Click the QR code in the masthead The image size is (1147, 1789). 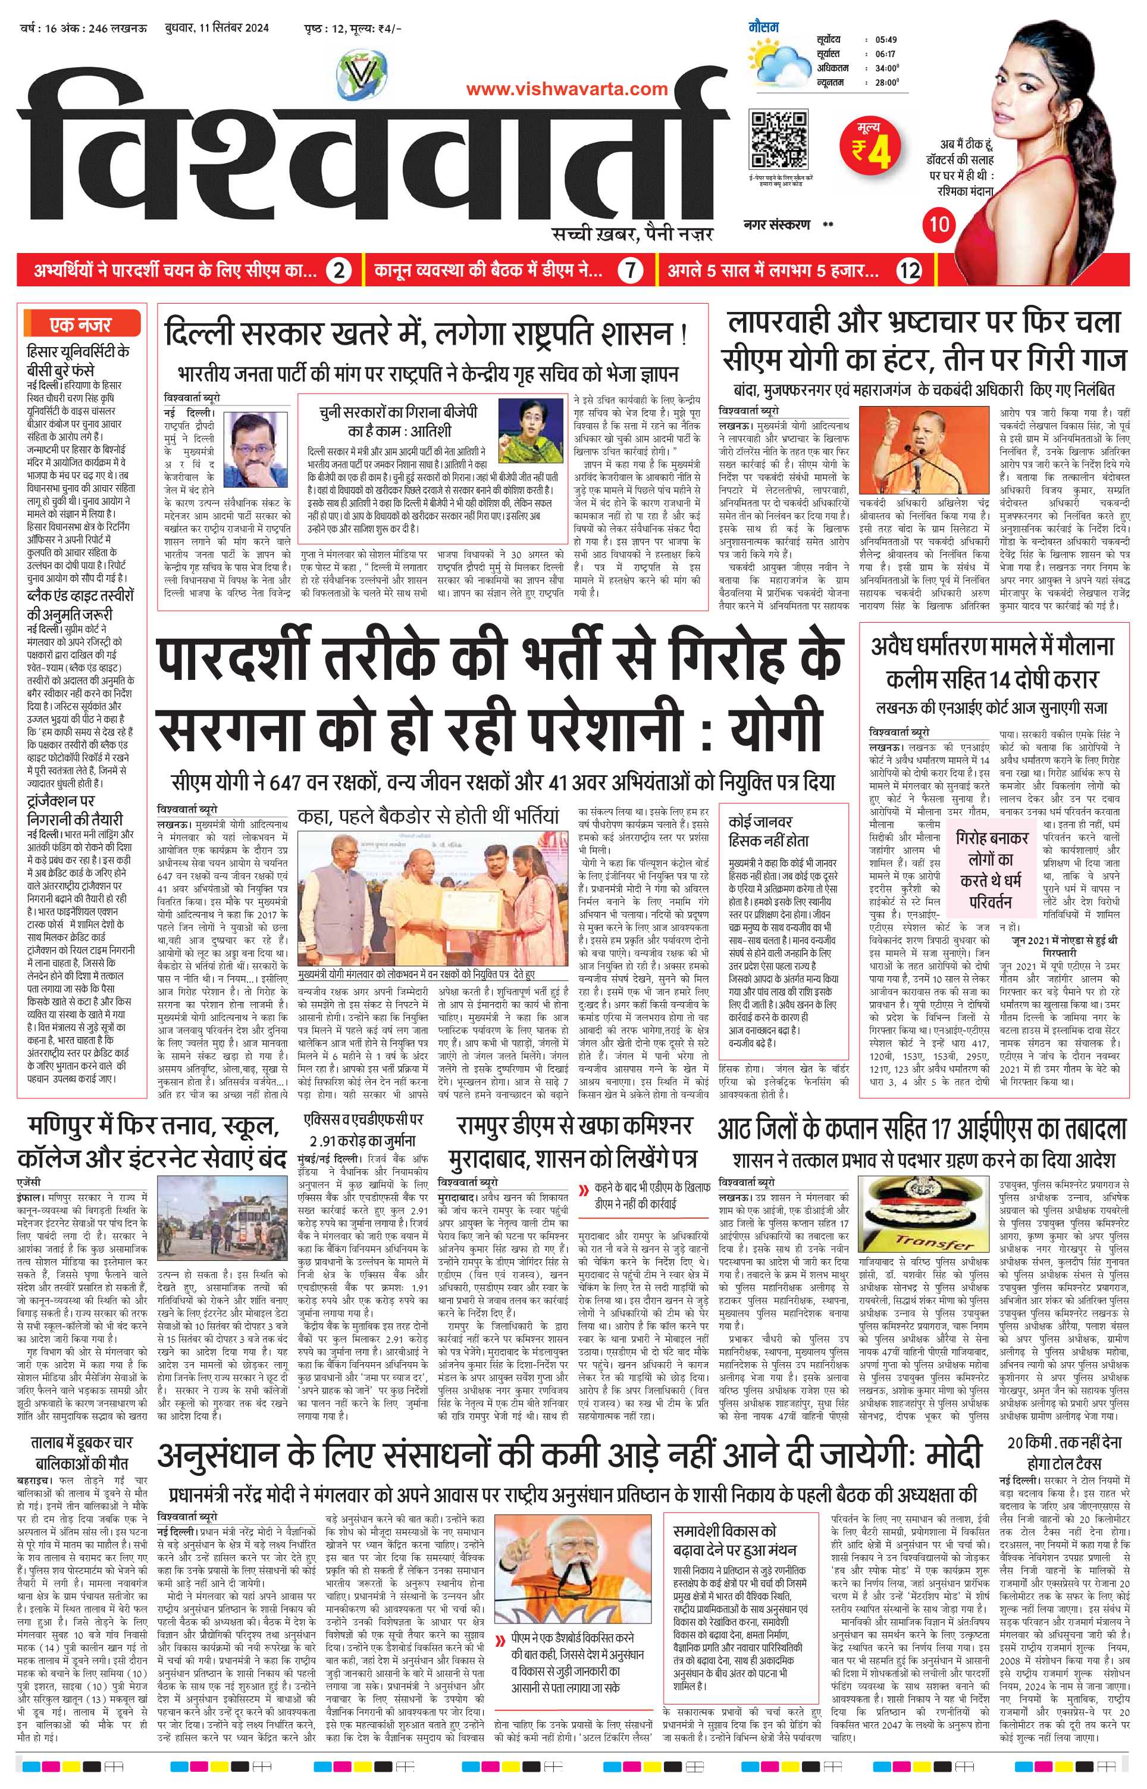coord(778,140)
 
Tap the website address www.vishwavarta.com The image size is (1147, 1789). coord(567,89)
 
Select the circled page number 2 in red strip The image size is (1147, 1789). coord(339,270)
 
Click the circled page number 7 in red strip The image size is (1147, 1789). coord(630,270)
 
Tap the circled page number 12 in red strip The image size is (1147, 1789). coord(910,270)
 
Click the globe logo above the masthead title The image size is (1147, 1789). coord(362,74)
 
